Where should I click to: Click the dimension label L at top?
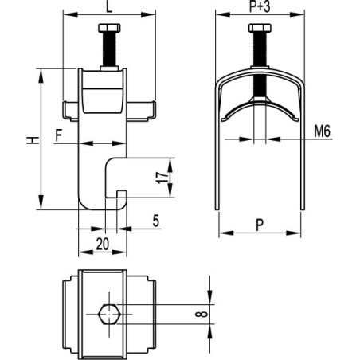point(109,6)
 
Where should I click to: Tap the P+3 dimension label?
point(260,6)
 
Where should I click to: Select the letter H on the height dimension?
point(33,140)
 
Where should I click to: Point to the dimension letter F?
point(58,135)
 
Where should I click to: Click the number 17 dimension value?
point(162,178)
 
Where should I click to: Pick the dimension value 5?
point(156,221)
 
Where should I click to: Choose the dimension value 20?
point(103,244)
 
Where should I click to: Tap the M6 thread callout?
point(323,131)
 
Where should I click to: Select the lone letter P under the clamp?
point(260,225)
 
